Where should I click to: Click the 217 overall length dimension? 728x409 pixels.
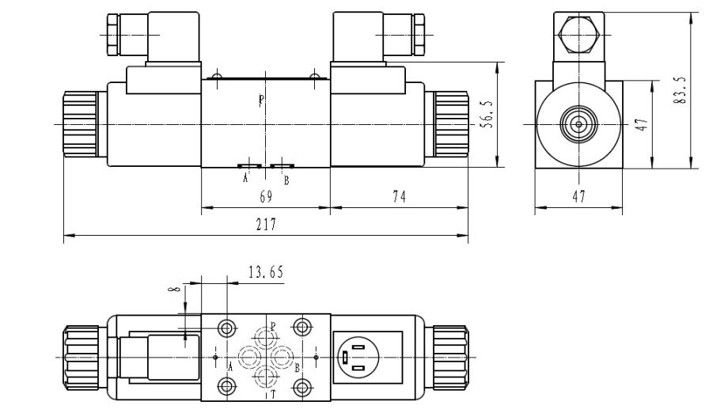pyautogui.click(x=265, y=225)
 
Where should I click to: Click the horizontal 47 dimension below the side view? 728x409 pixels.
pyautogui.click(x=578, y=198)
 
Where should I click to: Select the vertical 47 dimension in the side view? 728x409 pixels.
pyautogui.click(x=642, y=124)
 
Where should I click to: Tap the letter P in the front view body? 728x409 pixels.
pyautogui.click(x=262, y=100)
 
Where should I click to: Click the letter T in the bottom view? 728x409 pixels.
pyautogui.click(x=273, y=392)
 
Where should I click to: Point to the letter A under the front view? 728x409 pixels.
pyautogui.click(x=245, y=179)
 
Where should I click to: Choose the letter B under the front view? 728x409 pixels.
pyautogui.click(x=286, y=179)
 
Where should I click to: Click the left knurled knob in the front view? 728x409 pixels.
pyautogui.click(x=79, y=124)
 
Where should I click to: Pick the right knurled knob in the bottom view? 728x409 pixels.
pyautogui.click(x=449, y=358)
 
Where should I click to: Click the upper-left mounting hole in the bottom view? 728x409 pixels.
pyautogui.click(x=228, y=327)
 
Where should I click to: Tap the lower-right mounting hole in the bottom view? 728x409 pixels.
pyautogui.click(x=301, y=387)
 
